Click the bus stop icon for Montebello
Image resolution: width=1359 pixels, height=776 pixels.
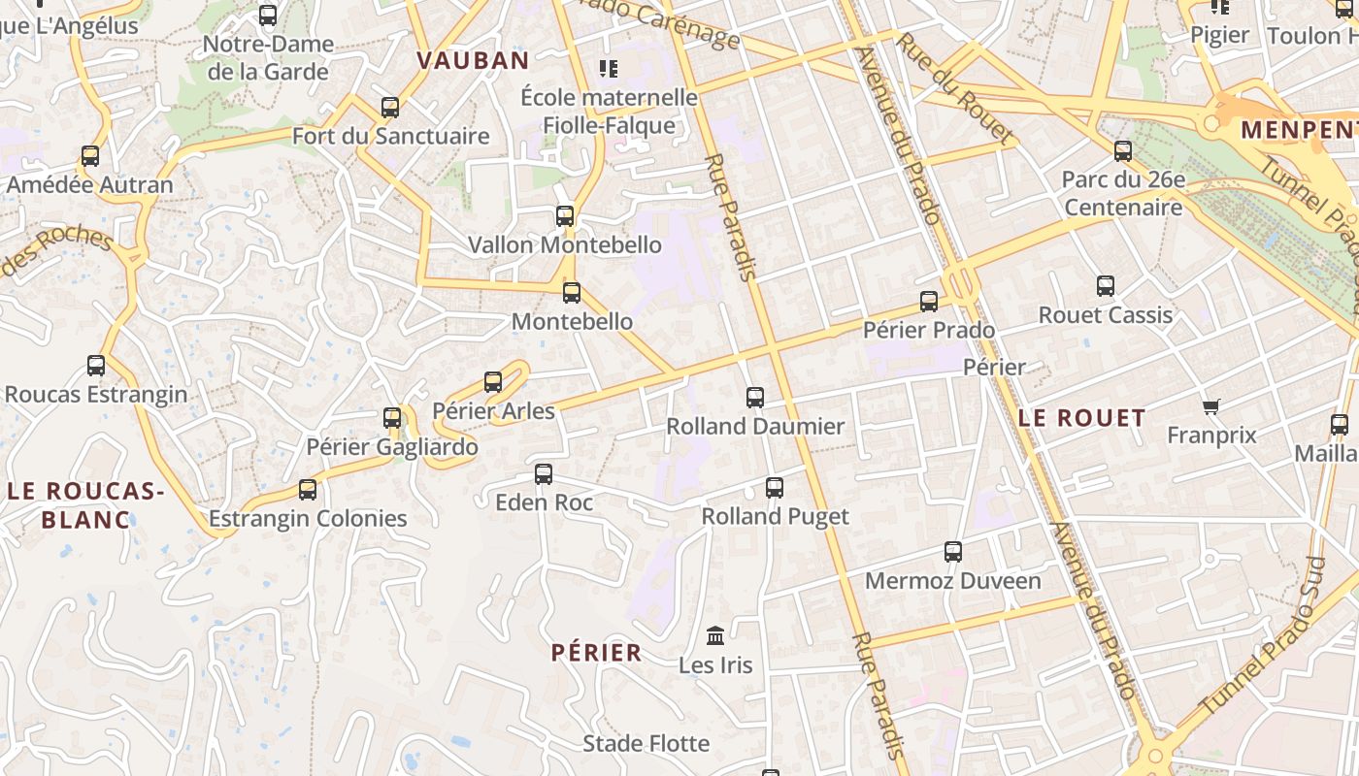click(572, 292)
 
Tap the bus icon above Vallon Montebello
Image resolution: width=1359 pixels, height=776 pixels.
click(565, 215)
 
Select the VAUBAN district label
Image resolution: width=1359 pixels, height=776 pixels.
click(473, 60)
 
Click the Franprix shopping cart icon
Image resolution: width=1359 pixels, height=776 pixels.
click(1210, 406)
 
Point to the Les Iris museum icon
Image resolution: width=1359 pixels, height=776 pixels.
click(716, 635)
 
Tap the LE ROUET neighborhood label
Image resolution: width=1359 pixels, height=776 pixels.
click(1082, 418)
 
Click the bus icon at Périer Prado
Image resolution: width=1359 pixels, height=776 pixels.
click(929, 301)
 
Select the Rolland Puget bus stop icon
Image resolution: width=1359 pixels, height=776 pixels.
click(775, 487)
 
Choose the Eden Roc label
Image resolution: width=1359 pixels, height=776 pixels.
click(544, 502)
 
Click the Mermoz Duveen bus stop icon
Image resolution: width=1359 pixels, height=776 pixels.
click(953, 551)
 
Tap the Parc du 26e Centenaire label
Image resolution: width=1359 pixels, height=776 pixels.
click(1123, 193)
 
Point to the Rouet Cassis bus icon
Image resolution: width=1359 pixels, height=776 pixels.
click(1106, 285)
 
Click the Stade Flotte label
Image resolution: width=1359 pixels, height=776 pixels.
click(646, 744)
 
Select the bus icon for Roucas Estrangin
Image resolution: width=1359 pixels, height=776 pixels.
click(96, 366)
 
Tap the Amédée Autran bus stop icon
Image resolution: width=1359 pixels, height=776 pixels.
click(90, 155)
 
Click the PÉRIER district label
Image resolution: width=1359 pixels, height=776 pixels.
click(597, 653)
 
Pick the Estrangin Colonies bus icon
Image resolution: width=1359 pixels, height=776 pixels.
click(308, 489)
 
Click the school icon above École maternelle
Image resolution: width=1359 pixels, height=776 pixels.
click(609, 68)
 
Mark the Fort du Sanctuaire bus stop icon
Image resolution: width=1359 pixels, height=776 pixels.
click(390, 107)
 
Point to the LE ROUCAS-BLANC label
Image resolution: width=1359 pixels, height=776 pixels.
click(85, 505)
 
